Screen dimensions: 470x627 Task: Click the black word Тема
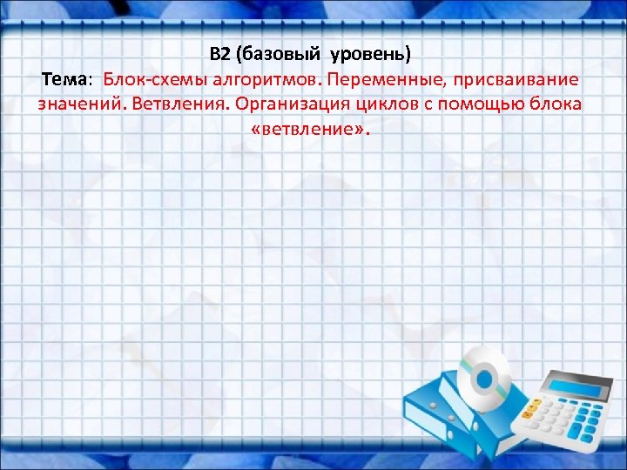[x=64, y=79]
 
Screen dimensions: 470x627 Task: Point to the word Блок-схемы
[x=146, y=79]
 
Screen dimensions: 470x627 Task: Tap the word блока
[x=557, y=104]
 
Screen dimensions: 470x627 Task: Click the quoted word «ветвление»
[x=310, y=130]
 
